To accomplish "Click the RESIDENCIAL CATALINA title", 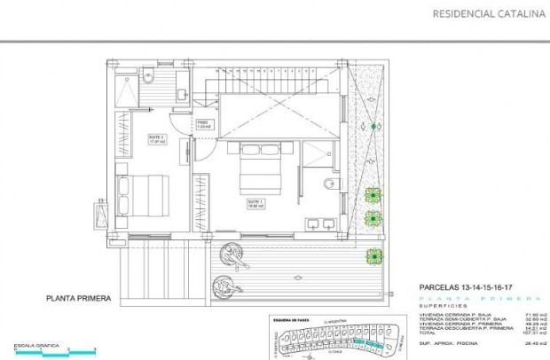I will [x=487, y=13].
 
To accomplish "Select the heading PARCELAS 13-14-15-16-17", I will [x=468, y=288].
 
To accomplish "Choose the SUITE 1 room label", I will [x=255, y=203].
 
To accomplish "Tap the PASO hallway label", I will [x=201, y=125].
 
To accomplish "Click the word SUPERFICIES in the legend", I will [x=440, y=306].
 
